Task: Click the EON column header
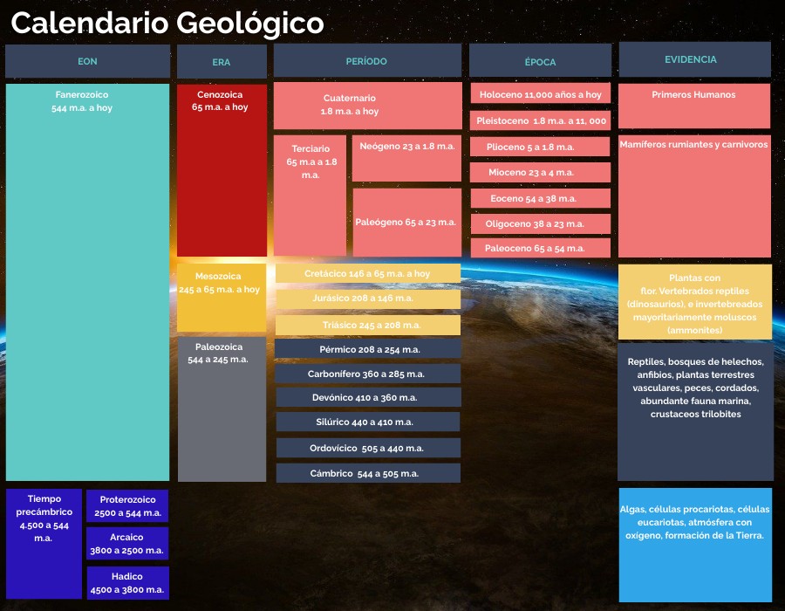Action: [x=87, y=61]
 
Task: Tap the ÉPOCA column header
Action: [x=540, y=60]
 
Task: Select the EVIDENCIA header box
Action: [x=695, y=59]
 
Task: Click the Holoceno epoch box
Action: [x=541, y=93]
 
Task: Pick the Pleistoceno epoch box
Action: [x=540, y=120]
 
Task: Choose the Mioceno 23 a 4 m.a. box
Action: [x=540, y=172]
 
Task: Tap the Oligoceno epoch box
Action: [x=541, y=223]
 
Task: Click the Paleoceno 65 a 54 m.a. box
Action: [x=541, y=248]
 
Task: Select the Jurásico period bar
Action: [x=368, y=299]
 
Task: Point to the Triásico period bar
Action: [x=368, y=325]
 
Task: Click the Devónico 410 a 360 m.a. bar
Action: [x=368, y=397]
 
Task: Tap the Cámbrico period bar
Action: [x=368, y=473]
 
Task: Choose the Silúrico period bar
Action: [x=368, y=422]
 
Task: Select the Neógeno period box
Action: [x=406, y=158]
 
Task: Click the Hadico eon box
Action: [x=127, y=583]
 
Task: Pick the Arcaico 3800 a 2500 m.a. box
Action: [x=127, y=544]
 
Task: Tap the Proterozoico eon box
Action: [x=127, y=506]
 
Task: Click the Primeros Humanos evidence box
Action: [x=694, y=106]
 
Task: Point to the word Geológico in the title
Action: [x=249, y=23]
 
